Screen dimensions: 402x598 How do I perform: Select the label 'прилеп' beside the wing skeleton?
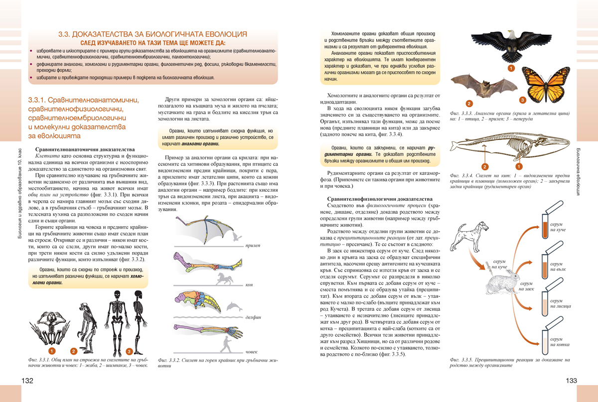coord(253,247)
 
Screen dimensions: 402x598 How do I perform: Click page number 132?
coord(27,381)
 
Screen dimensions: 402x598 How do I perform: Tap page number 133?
coord(571,381)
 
